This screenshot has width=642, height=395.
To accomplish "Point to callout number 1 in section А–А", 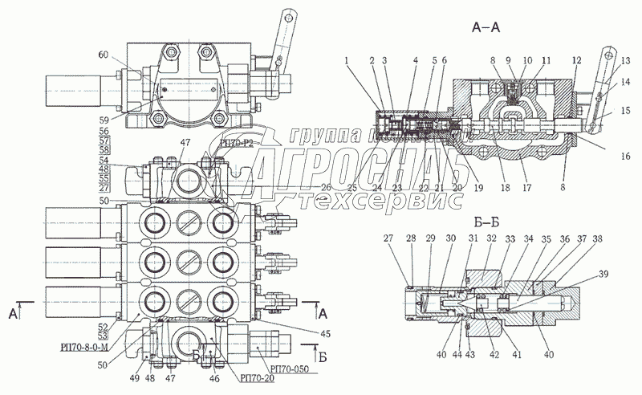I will tap(347, 59).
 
